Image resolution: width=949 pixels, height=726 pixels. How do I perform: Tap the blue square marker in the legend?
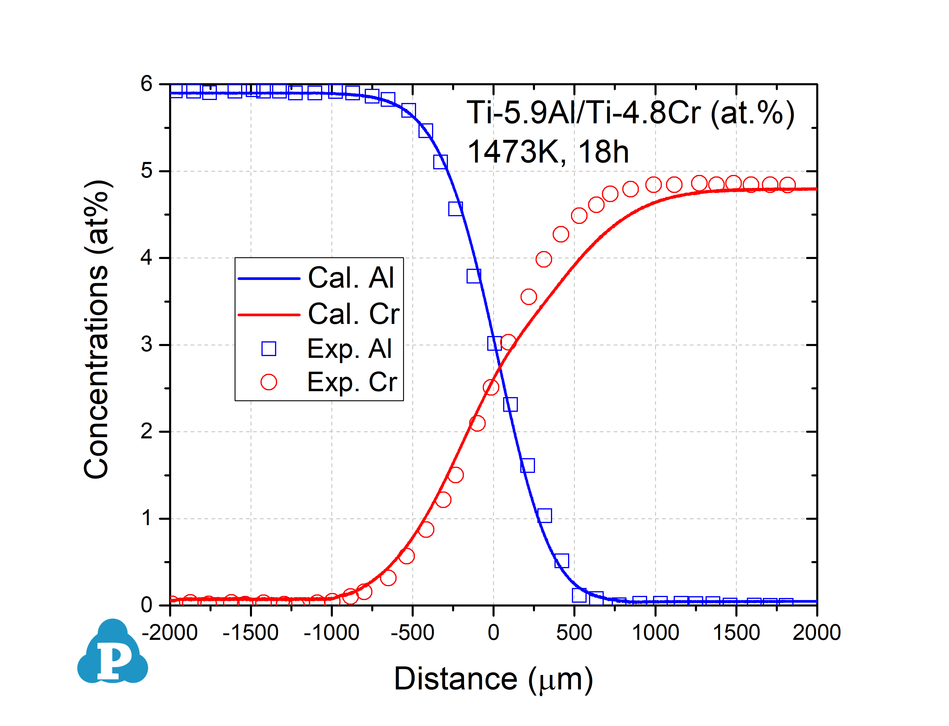pyautogui.click(x=269, y=348)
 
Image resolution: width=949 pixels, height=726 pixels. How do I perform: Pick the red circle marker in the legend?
pyautogui.click(x=269, y=382)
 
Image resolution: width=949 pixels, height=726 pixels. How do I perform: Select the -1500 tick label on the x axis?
pyautogui.click(x=250, y=633)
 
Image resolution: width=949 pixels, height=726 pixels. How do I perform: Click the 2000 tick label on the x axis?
pyautogui.click(x=816, y=633)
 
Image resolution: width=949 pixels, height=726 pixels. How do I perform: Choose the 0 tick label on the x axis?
pyautogui.click(x=493, y=633)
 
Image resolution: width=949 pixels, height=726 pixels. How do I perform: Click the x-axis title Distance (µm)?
pyautogui.click(x=493, y=679)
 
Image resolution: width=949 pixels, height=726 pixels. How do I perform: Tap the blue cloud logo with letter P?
pyautogui.click(x=113, y=653)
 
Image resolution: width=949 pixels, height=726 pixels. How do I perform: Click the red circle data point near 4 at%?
pyautogui.click(x=544, y=259)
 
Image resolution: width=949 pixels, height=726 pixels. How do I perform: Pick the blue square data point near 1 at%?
pyautogui.click(x=544, y=516)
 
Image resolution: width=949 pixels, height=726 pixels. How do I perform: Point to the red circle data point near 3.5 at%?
pyautogui.click(x=529, y=297)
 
